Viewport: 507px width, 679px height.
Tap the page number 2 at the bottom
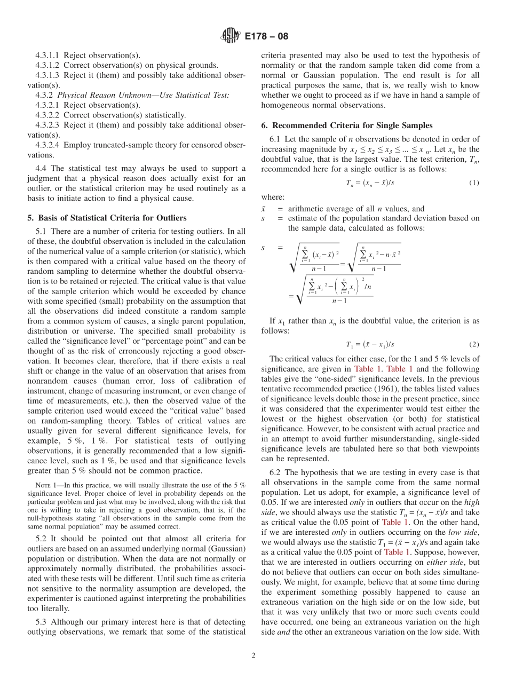253,656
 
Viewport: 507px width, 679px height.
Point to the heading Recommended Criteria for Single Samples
347,125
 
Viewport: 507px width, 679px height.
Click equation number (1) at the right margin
474,183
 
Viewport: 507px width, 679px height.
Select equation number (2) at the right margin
474,344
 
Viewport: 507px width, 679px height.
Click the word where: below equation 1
273,197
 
